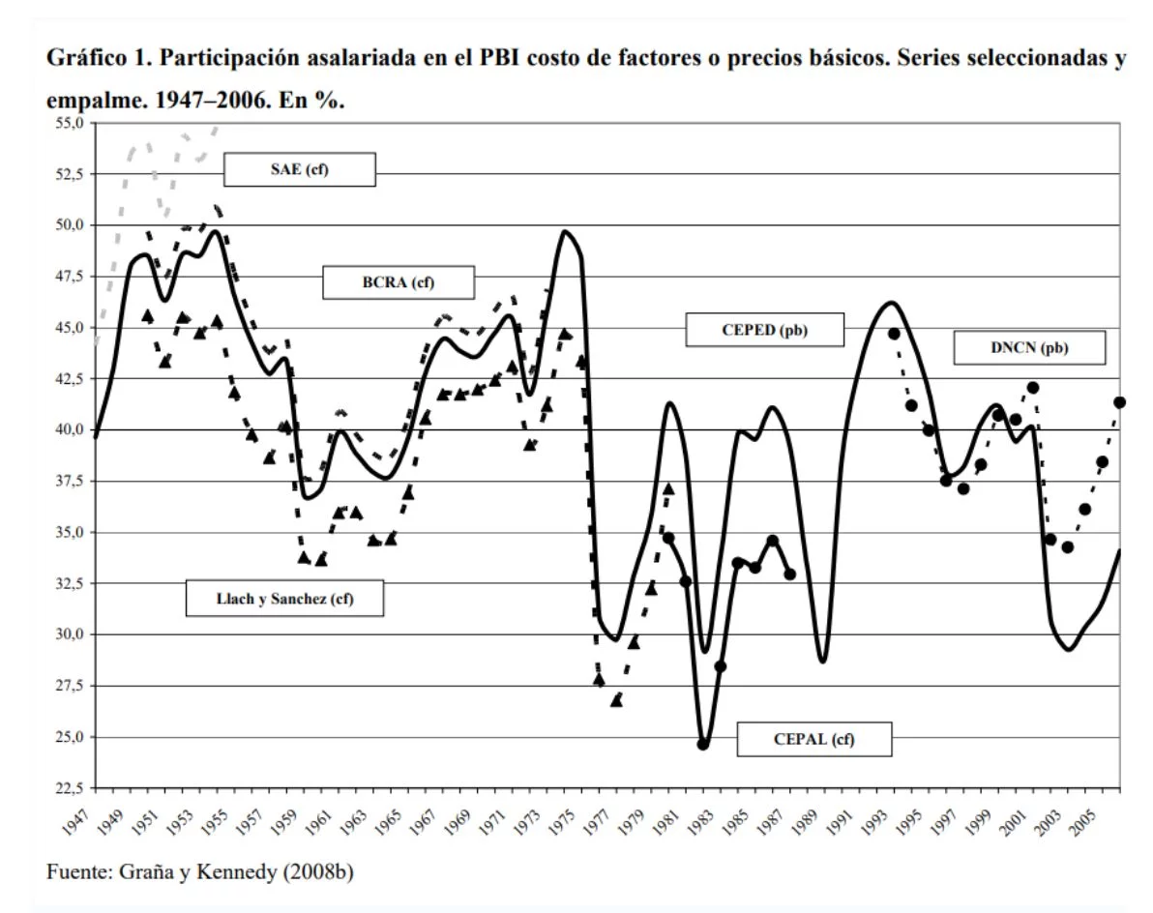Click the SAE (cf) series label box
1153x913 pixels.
(x=299, y=171)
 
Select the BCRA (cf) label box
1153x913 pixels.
(x=399, y=282)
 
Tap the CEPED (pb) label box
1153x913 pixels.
(x=764, y=329)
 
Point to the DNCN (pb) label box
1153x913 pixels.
(x=1029, y=348)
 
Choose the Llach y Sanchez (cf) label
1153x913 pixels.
(x=284, y=598)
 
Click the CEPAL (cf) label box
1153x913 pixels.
(x=813, y=740)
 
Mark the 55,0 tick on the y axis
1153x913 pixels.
(x=70, y=124)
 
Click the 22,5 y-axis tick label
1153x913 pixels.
(x=70, y=788)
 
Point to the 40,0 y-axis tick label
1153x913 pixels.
(x=70, y=429)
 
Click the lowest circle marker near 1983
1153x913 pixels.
(x=703, y=744)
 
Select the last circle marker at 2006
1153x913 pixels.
(x=1120, y=402)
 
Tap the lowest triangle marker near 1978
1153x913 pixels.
(x=616, y=699)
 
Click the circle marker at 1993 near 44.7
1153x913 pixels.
(x=894, y=334)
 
